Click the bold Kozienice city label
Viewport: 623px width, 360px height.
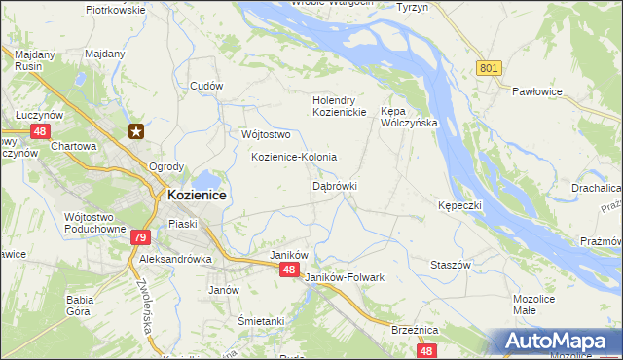197,195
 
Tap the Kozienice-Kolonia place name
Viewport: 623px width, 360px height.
294,157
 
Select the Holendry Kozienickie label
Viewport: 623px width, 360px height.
338,106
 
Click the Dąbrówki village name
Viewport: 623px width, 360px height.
335,185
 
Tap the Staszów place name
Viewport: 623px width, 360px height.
451,265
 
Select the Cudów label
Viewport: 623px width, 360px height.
207,86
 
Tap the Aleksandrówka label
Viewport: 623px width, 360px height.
176,261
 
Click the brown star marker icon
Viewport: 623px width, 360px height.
137,131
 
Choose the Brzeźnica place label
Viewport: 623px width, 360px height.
413,330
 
